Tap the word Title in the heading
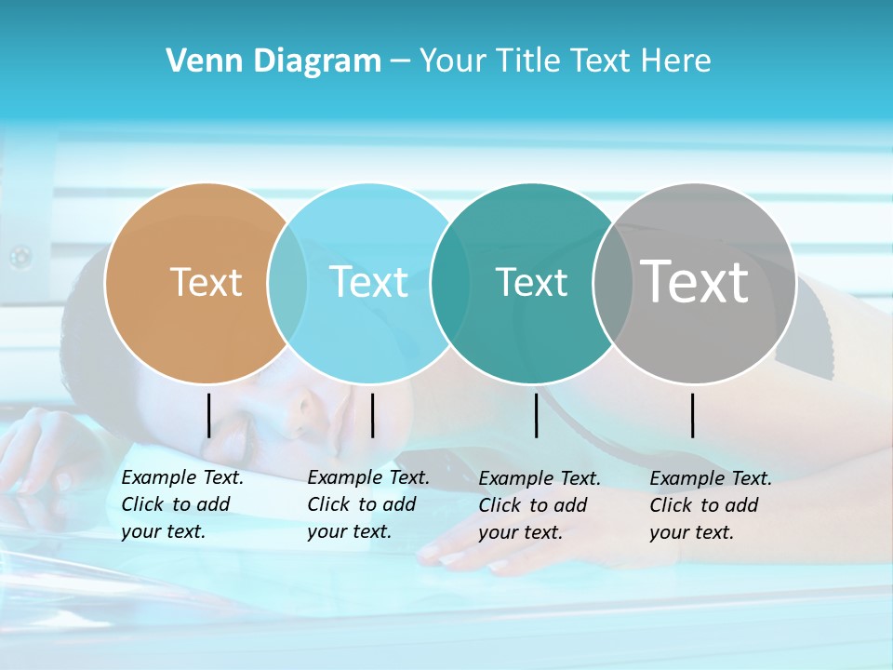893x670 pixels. [528, 61]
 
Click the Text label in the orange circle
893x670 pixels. [206, 282]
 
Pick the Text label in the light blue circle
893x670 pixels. [369, 282]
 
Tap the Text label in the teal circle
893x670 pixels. [531, 282]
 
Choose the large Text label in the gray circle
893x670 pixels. [695, 281]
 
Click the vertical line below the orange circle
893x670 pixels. [208, 415]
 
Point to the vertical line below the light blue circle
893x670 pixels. [372, 415]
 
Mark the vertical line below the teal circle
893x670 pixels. [537, 415]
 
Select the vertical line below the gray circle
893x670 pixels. [693, 415]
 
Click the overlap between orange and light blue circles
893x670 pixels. [287, 283]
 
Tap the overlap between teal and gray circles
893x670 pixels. [612, 283]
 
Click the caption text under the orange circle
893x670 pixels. [181, 504]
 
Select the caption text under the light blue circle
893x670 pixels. [367, 504]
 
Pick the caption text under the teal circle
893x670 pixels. [539, 505]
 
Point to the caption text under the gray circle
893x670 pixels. [710, 505]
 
